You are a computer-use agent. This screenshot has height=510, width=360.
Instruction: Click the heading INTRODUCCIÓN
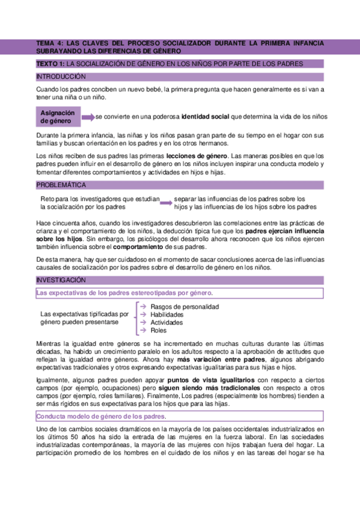[61, 76]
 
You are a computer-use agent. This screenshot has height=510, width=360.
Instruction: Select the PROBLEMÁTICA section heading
[61, 185]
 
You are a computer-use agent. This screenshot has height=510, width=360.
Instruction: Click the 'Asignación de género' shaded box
[58, 117]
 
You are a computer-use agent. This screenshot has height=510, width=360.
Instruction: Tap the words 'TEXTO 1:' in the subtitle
[50, 63]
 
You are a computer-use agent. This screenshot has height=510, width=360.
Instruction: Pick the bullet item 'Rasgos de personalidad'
[185, 307]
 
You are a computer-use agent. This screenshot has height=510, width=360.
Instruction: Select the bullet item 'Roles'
[159, 330]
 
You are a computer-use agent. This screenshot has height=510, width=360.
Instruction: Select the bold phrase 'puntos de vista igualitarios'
[212, 380]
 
